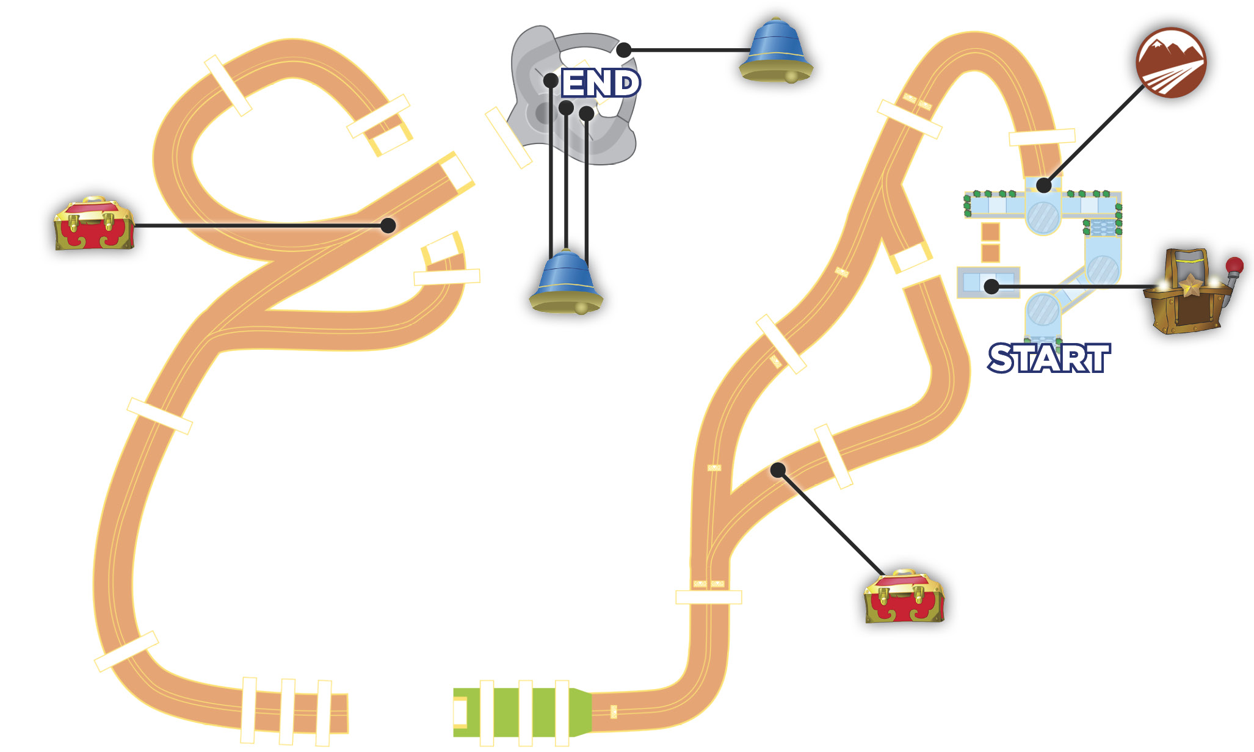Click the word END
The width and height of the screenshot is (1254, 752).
[601, 83]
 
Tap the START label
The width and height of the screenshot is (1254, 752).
[1049, 358]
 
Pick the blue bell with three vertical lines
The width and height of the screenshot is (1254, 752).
[566, 283]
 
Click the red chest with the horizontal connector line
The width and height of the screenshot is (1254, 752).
[93, 223]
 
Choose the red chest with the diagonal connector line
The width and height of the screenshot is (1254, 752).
[904, 596]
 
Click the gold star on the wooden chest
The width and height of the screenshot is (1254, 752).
[1190, 284]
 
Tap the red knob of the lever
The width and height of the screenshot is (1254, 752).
[1234, 266]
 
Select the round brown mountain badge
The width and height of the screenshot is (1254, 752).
[1171, 62]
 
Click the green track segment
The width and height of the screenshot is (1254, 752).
[523, 712]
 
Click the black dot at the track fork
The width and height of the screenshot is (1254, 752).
[778, 470]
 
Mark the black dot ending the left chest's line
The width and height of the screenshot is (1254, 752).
[388, 225]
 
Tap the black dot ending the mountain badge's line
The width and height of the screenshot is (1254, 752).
[1044, 184]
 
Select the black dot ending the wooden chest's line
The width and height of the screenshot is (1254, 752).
[991, 286]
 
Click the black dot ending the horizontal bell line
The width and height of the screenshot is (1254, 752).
[623, 50]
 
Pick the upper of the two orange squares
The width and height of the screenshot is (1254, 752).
[990, 232]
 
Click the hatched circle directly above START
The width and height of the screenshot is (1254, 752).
[1043, 309]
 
